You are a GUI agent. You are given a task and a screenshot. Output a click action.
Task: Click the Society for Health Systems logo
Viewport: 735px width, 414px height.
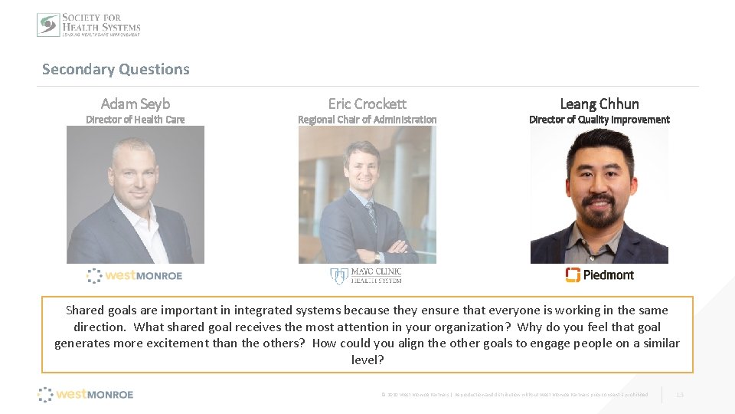[x=89, y=25]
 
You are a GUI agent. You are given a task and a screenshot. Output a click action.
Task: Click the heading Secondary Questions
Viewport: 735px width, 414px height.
[x=116, y=69]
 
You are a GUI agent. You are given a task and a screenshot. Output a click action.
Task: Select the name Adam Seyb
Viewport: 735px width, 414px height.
[x=136, y=103]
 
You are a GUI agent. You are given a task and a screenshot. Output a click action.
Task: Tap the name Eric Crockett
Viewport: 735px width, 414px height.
[x=367, y=103]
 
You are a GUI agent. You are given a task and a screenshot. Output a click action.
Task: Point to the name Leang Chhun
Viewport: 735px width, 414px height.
[x=599, y=103]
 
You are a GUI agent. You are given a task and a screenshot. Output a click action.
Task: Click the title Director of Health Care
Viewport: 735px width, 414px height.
[x=136, y=120]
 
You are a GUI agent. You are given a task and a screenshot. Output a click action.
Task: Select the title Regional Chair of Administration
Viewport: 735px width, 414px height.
[x=367, y=120]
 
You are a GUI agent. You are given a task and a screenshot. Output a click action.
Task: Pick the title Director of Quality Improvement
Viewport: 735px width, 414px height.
[x=599, y=120]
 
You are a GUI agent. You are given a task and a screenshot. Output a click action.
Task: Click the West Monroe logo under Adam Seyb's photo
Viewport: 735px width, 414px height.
[x=135, y=275]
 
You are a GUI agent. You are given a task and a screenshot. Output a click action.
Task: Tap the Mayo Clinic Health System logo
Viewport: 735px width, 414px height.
[x=367, y=275]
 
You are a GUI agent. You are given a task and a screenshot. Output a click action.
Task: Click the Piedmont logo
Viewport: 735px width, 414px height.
[x=599, y=274]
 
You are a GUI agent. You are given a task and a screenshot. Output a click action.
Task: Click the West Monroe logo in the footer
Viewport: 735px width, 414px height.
[x=86, y=394]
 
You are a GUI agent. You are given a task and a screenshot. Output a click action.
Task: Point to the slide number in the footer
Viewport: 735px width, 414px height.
[x=680, y=395]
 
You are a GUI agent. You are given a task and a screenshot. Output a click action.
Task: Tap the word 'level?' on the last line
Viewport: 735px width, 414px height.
[x=367, y=360]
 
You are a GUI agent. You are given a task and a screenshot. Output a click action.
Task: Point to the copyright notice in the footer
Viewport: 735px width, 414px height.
[x=514, y=395]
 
